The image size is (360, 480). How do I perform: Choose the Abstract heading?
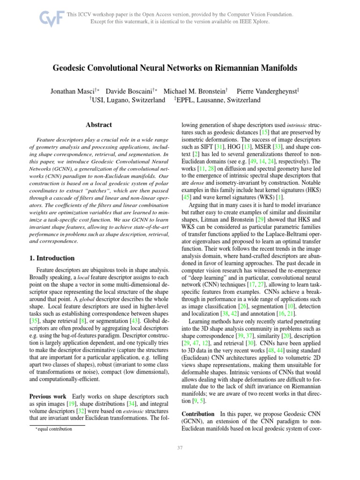coord(99,125)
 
